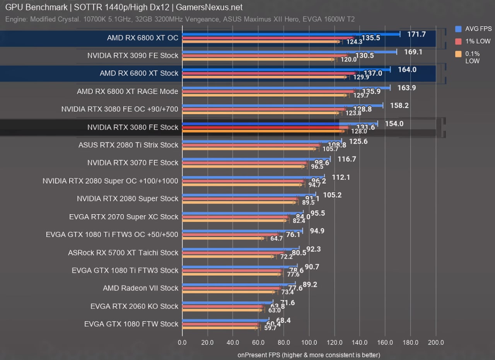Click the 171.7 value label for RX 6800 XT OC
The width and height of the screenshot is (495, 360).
pos(416,34)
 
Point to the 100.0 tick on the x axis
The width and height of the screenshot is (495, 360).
pos(309,343)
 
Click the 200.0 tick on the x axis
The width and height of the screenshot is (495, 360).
pos(436,343)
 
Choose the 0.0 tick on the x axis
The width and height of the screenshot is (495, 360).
pos(182,343)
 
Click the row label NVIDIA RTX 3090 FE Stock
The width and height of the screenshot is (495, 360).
pos(133,55)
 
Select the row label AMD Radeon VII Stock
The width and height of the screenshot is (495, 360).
pos(140,288)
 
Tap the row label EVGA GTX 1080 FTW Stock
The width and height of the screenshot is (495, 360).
pos(131,324)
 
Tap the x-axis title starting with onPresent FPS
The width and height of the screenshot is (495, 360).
pos(309,355)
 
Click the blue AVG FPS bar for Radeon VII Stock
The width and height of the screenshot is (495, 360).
pos(239,285)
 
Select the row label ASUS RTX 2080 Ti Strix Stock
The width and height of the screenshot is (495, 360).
pos(128,145)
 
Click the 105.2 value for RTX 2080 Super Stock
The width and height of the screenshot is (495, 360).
pos(332,195)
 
